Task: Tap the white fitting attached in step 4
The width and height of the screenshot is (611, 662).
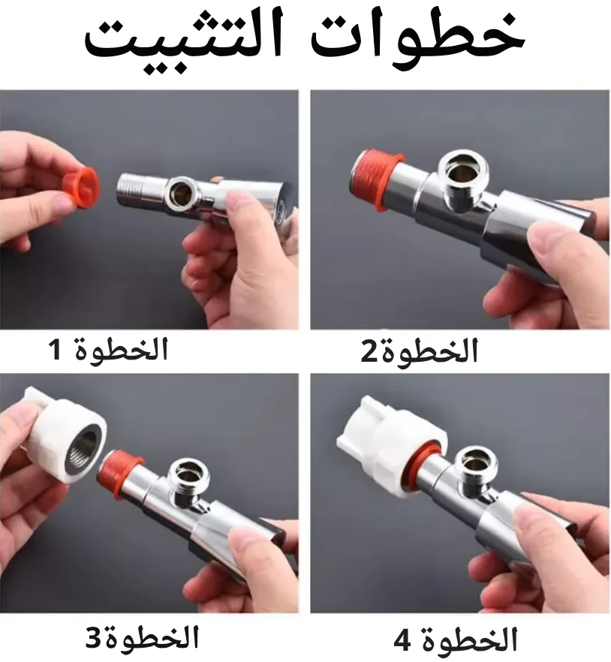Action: pyautogui.click(x=390, y=447)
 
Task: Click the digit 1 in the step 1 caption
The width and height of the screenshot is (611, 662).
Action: pyautogui.click(x=56, y=350)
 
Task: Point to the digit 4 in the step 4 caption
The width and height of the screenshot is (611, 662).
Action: pyautogui.click(x=402, y=641)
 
